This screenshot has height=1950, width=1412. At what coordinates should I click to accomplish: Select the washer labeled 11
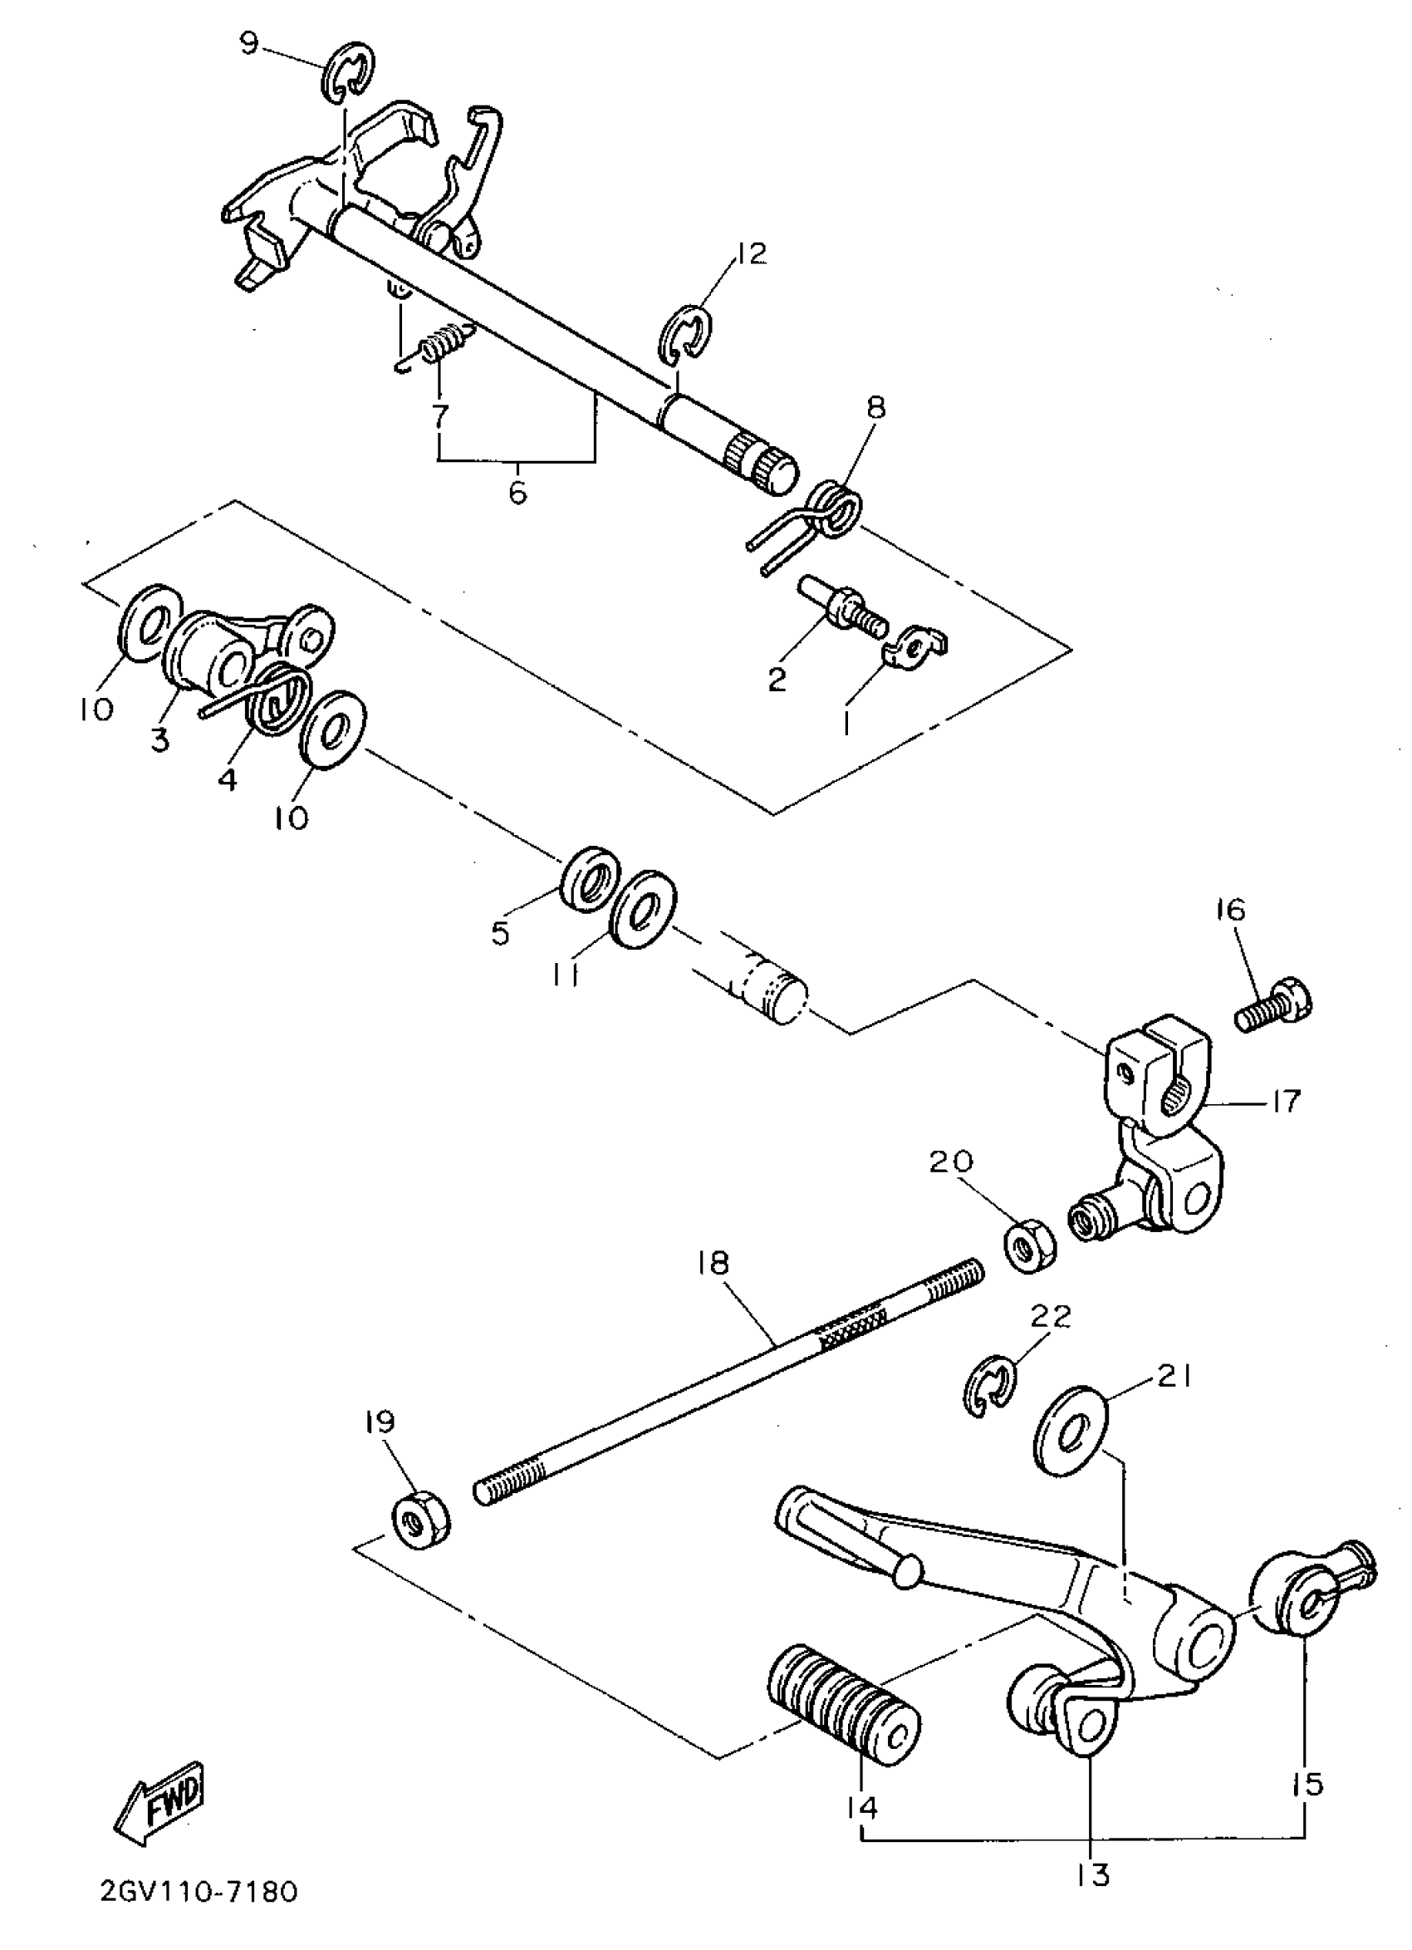tap(642, 910)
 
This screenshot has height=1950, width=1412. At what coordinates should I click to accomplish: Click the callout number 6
tap(517, 494)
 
